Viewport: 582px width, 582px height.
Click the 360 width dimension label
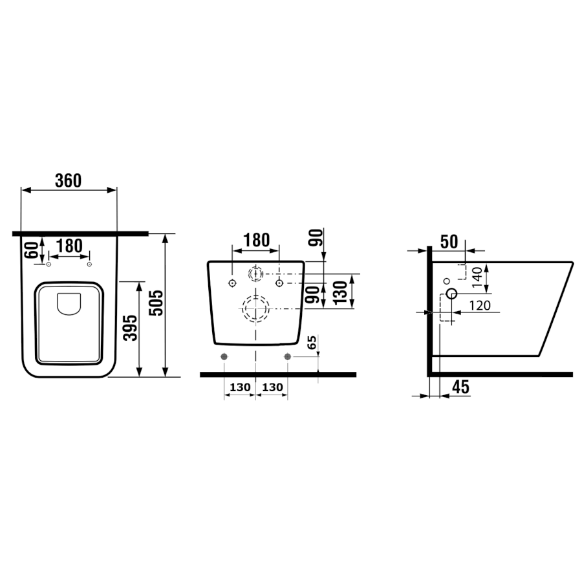(x=69, y=181)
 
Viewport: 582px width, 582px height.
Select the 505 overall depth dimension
(x=156, y=303)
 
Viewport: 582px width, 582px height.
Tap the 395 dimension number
(x=130, y=328)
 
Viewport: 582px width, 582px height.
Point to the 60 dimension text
(x=31, y=250)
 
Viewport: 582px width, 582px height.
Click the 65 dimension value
(x=312, y=342)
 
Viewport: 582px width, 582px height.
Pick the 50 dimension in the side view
(x=449, y=242)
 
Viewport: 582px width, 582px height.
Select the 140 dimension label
(x=477, y=277)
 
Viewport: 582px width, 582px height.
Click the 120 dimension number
(x=480, y=305)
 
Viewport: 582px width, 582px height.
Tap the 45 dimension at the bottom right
(x=461, y=387)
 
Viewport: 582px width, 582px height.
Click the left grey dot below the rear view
(x=224, y=357)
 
